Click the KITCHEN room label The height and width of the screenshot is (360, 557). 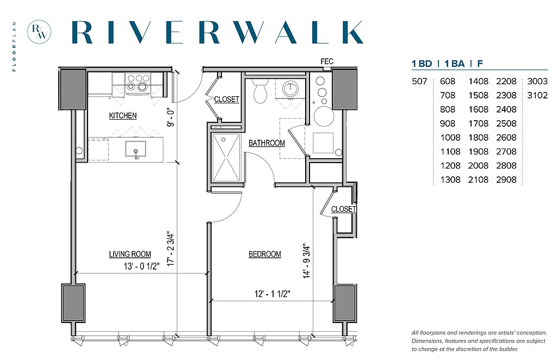pos(122,116)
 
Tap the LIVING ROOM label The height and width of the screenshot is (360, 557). pos(130,254)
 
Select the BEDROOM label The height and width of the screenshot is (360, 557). pos(265,254)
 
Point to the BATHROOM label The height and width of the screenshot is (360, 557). pos(267,142)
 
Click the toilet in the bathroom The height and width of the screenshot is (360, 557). pos(261,90)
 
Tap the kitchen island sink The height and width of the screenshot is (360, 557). pos(135,149)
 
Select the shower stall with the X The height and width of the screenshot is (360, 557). pos(226,157)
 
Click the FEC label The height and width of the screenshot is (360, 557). pos(327,61)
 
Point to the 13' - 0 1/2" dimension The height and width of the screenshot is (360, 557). pos(141,266)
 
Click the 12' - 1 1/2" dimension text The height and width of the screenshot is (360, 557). pos(273,294)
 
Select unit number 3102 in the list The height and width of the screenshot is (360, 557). pos(537,95)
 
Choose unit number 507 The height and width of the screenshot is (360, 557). pos(419,82)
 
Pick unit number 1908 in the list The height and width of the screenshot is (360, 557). pos(478,152)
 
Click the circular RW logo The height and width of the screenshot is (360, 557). pos(39,32)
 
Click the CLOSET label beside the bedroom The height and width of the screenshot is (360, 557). pos(344,209)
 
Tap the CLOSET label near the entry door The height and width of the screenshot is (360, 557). pos(226,100)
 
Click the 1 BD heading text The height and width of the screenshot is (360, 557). pos(422,64)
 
